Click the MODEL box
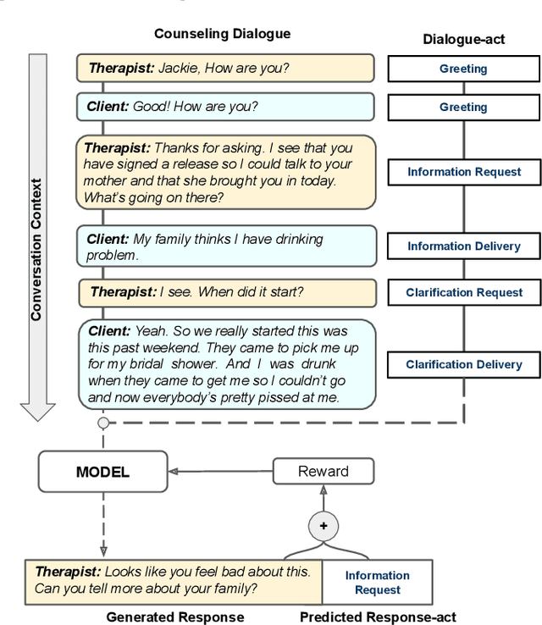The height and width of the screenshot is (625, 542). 103,472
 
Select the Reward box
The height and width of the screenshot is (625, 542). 323,472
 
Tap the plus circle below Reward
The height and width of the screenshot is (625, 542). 323,526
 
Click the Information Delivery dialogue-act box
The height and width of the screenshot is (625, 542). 464,246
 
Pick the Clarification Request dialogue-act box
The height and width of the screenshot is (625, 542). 464,292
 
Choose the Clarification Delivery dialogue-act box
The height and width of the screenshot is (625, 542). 464,364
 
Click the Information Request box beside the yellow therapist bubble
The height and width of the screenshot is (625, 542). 464,172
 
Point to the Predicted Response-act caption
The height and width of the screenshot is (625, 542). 378,617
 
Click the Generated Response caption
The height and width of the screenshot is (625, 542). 175,617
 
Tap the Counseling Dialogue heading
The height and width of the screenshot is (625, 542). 222,34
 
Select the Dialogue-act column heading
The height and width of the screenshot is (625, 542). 463,40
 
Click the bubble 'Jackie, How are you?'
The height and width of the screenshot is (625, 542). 224,68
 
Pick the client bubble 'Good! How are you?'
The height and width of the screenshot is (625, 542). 224,107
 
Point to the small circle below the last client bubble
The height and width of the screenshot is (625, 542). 103,422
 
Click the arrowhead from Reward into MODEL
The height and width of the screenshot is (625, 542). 173,472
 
